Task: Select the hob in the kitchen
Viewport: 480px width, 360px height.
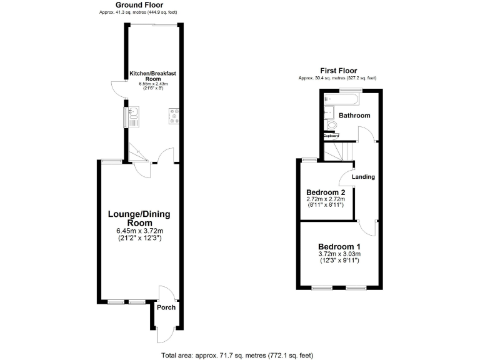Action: click(x=172, y=117)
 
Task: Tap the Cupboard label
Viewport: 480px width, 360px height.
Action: click(x=331, y=136)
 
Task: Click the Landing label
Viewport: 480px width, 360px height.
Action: click(x=363, y=177)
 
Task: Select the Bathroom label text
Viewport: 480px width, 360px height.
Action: click(x=354, y=116)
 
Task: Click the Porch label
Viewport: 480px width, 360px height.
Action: click(x=166, y=307)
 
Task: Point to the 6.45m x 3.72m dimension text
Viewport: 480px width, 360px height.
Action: click(x=139, y=231)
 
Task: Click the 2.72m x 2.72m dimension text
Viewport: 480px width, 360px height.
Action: click(x=326, y=199)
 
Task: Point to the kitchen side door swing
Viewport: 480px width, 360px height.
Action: click(x=116, y=89)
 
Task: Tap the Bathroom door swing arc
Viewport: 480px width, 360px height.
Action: click(x=365, y=133)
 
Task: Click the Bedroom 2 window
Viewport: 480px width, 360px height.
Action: click(x=308, y=160)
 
